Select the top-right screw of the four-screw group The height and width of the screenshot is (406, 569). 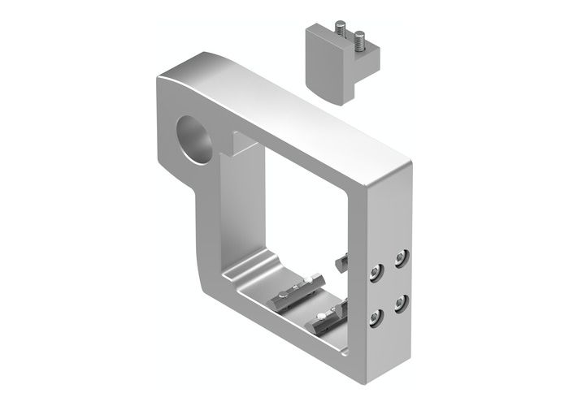(x=401, y=260)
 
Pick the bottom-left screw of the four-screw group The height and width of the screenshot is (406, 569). (x=375, y=316)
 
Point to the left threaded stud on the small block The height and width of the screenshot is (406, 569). (x=337, y=32)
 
